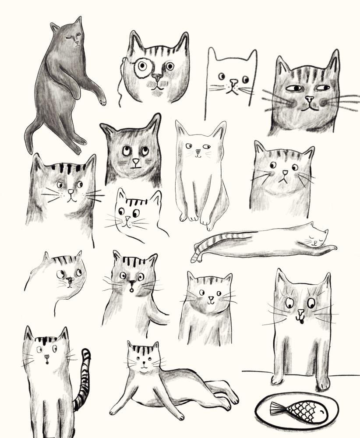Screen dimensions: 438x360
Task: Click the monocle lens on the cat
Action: coord(142,67)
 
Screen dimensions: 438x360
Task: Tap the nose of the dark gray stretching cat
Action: coord(76,43)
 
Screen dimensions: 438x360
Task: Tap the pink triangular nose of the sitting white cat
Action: coord(198,152)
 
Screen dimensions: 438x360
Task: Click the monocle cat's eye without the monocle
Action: coord(169,66)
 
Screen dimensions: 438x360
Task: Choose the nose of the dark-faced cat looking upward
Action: coord(135,162)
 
